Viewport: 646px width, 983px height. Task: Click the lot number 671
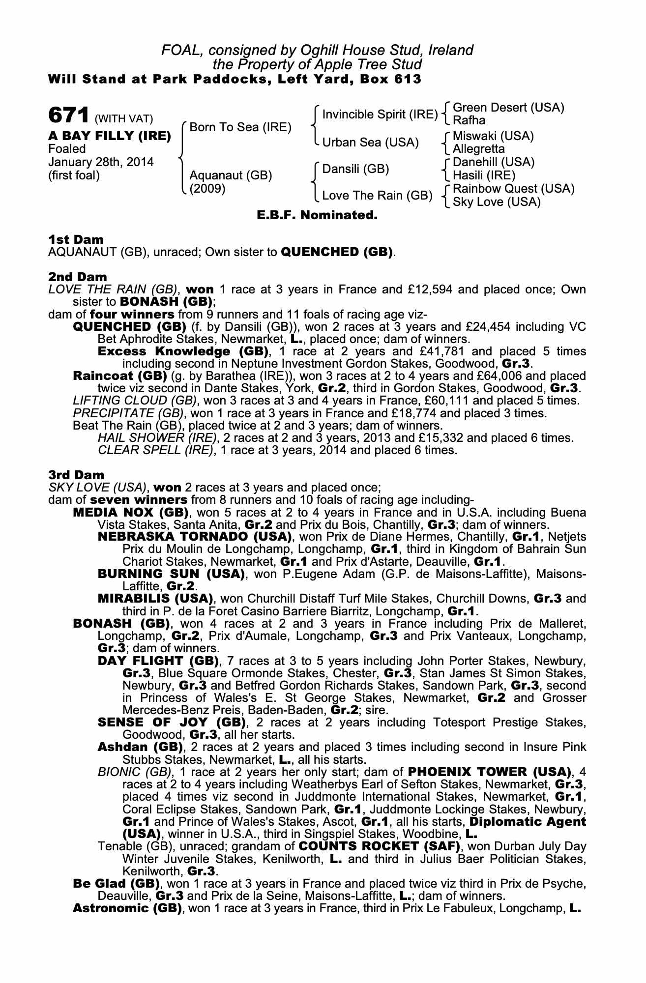[x=68, y=116]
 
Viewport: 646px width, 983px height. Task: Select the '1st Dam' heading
[x=76, y=240]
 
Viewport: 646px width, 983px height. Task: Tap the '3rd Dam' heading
[x=76, y=475]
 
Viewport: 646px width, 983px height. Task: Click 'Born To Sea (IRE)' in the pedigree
[x=240, y=127]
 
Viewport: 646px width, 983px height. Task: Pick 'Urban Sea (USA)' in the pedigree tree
[x=370, y=143]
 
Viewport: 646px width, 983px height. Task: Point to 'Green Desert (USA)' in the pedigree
[x=508, y=108]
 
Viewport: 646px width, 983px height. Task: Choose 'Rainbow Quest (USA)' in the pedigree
[x=513, y=189]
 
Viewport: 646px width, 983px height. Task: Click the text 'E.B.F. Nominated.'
[x=317, y=215]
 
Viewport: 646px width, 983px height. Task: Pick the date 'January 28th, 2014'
[x=100, y=162]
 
